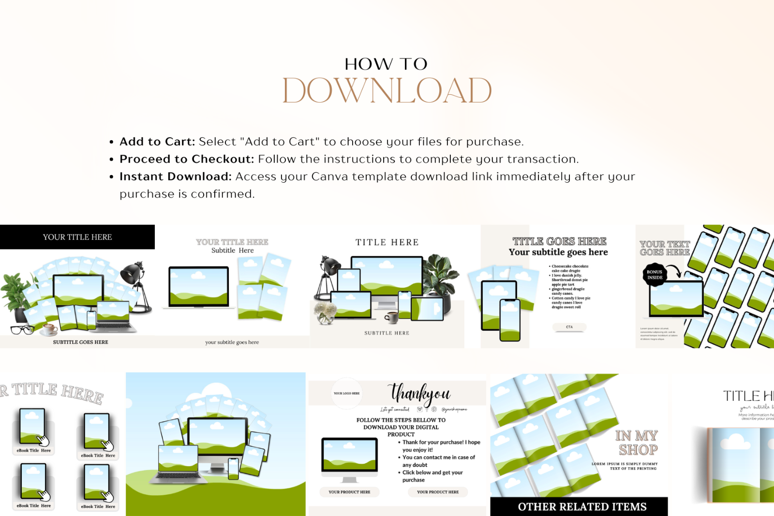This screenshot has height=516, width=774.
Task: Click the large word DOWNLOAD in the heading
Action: pos(387,90)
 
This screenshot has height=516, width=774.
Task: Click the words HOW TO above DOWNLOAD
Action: pos(386,64)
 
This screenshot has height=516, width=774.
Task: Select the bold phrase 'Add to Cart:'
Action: pos(157,142)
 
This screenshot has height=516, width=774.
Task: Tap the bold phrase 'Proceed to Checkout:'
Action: pos(187,159)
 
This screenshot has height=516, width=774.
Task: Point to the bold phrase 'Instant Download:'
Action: pos(176,177)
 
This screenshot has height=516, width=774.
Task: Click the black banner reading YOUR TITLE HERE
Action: pos(77,237)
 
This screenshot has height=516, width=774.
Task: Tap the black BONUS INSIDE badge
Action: pos(655,275)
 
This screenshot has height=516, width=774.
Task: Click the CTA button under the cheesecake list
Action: pos(569,327)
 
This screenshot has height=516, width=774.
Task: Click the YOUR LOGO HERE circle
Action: pos(346,393)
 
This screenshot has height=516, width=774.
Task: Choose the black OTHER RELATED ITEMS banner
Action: pos(582,506)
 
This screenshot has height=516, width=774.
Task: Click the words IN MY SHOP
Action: pos(637,442)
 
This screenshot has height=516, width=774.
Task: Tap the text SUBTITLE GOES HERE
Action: pos(81,342)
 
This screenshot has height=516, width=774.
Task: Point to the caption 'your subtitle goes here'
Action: pos(232,342)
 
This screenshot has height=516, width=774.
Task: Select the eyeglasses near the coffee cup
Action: pos(22,330)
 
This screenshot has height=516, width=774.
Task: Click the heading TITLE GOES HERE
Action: pos(559,241)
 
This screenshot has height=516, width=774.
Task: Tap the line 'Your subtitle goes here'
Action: pos(558,252)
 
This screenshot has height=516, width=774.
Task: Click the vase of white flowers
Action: pos(325,312)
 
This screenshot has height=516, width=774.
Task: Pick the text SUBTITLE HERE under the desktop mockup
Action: pos(387,333)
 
